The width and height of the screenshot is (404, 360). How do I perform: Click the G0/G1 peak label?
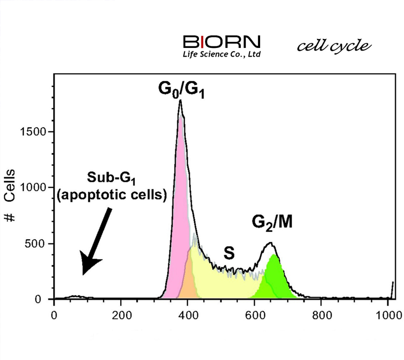click(x=181, y=90)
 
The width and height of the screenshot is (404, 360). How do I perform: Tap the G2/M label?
click(x=272, y=223)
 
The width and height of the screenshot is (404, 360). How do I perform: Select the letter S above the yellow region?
click(x=229, y=253)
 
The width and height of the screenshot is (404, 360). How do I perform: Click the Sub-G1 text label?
click(x=111, y=178)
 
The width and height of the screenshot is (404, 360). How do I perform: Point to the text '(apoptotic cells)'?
click(x=112, y=195)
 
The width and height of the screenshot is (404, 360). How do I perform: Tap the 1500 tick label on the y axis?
click(x=33, y=132)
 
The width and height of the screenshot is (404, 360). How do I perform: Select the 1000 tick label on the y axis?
click(x=33, y=187)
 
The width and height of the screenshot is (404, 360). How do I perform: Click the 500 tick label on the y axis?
click(x=36, y=244)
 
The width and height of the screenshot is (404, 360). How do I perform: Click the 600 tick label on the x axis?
click(x=255, y=315)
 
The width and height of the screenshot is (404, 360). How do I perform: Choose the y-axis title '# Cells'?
click(x=10, y=195)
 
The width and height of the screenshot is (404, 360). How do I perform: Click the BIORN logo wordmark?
click(x=222, y=42)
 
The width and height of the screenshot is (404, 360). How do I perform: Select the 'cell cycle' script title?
click(x=334, y=46)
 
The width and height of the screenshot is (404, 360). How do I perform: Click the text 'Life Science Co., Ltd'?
click(x=222, y=54)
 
